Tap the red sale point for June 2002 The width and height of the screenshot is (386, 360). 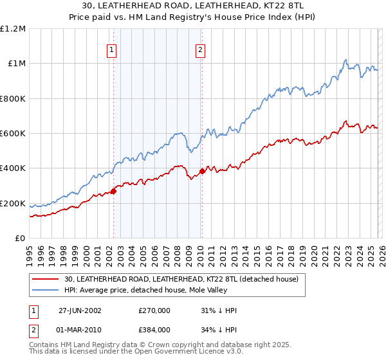[x=114, y=191]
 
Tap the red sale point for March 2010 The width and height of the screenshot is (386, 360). [x=202, y=171]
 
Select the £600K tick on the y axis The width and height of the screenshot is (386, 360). [x=13, y=134]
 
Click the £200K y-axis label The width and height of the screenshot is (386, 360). [x=13, y=204]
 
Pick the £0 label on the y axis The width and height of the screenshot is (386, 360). [x=20, y=239]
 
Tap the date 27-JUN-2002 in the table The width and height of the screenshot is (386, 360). [x=80, y=310]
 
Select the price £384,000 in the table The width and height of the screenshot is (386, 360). [x=154, y=332]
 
